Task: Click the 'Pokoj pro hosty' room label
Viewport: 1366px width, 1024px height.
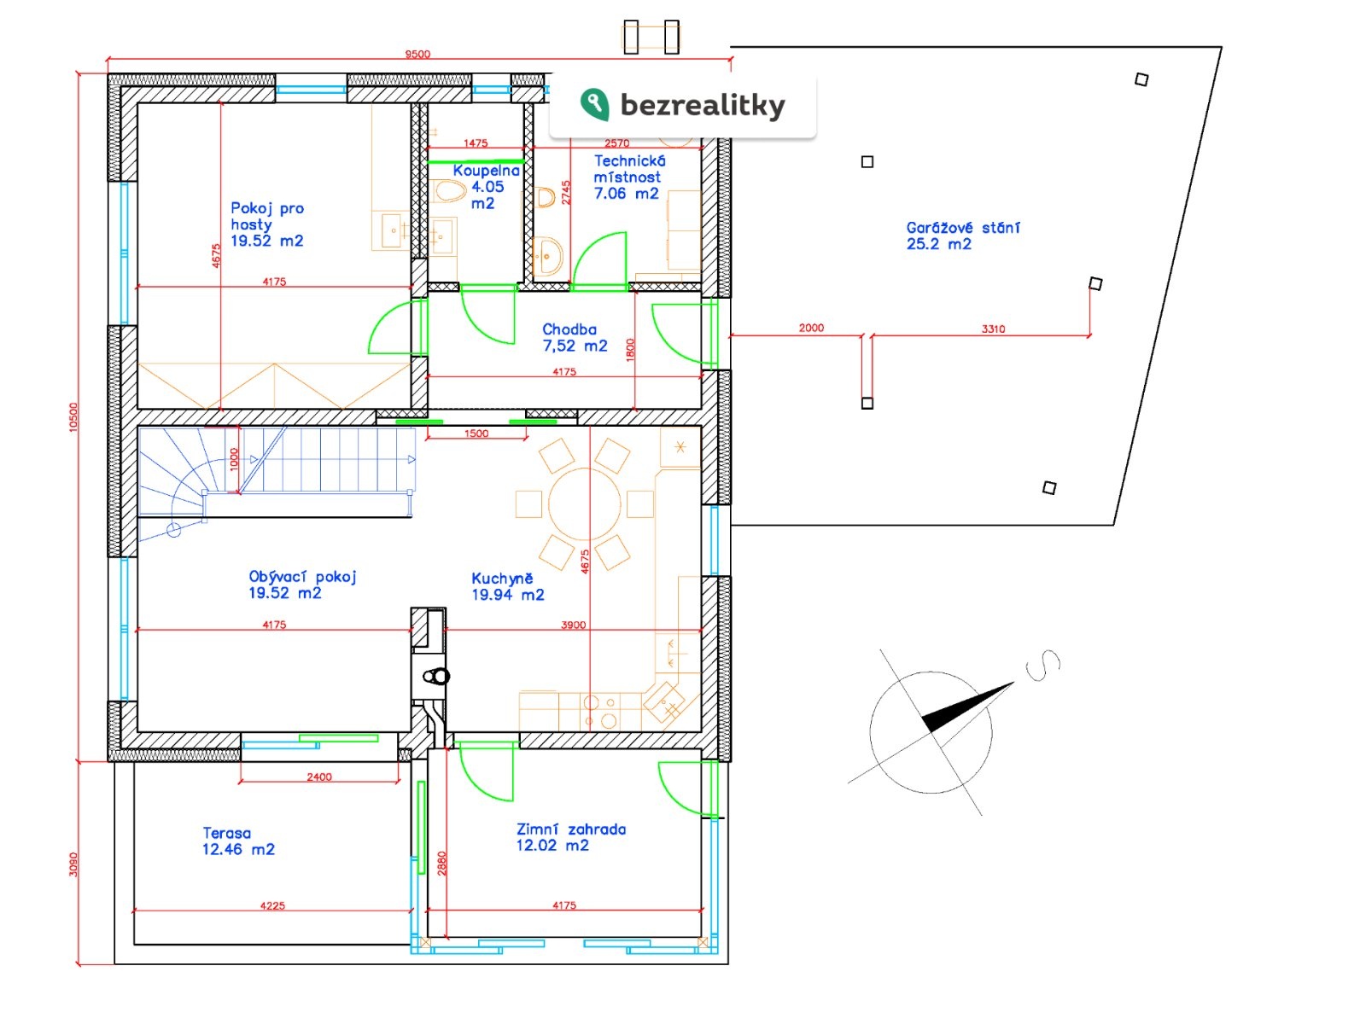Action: click(x=266, y=216)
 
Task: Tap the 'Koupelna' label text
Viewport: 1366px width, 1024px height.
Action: click(x=486, y=170)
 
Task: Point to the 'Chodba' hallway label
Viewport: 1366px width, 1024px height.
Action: click(x=569, y=329)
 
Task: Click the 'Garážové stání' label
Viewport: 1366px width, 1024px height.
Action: click(x=961, y=227)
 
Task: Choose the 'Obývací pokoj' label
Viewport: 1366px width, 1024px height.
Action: click(x=302, y=576)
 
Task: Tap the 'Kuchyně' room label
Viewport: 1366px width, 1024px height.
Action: click(x=502, y=578)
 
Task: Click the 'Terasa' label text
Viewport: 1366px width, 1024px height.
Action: click(x=226, y=832)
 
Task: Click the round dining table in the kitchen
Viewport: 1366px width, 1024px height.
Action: click(x=584, y=504)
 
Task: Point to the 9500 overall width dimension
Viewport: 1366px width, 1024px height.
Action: click(x=417, y=54)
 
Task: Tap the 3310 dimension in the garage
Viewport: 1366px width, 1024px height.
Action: click(x=992, y=329)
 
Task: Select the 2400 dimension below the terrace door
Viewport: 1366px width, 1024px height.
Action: click(x=318, y=776)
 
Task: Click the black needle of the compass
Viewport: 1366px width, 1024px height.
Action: click(x=966, y=707)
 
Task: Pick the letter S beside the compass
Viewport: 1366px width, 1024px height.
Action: click(x=1043, y=665)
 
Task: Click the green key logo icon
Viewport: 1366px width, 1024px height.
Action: click(x=593, y=103)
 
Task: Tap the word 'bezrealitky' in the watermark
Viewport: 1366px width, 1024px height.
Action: click(x=702, y=105)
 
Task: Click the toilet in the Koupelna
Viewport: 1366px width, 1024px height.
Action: click(x=447, y=190)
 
